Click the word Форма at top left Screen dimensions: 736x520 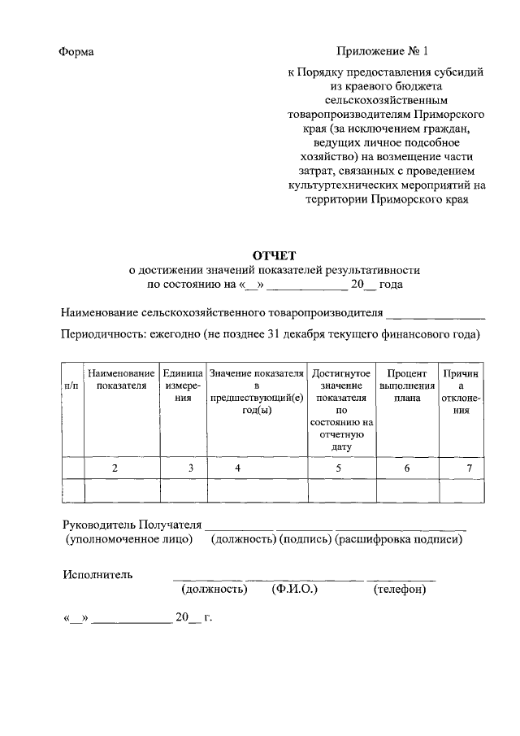[x=76, y=52]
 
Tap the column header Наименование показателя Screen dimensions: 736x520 [x=121, y=379]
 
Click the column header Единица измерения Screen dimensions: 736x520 [x=183, y=385]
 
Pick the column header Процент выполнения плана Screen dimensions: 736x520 [x=407, y=385]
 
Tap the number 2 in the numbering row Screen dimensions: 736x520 [x=115, y=468]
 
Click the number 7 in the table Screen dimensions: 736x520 [x=469, y=468]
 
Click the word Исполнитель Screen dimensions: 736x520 [x=97, y=574]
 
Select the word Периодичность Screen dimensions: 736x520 [x=106, y=334]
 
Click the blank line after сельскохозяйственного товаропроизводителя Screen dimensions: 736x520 [x=435, y=313]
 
